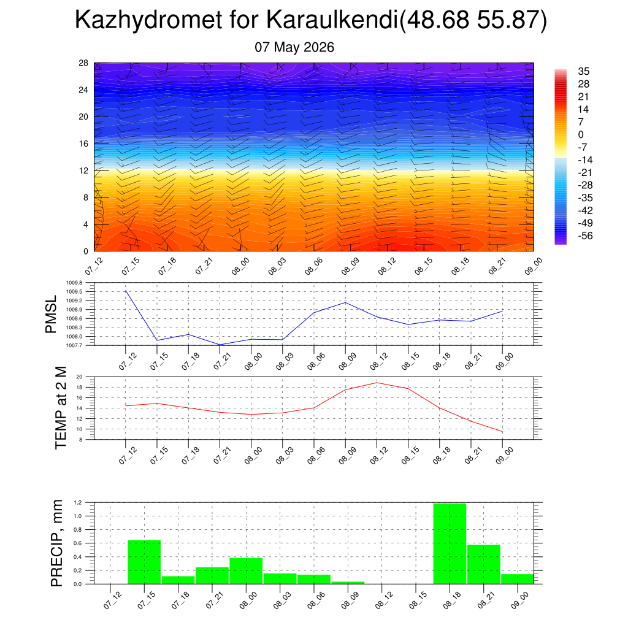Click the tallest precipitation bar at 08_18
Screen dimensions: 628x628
450,543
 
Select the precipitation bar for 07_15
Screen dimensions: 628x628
144,562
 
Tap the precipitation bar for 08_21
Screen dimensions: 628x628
484,564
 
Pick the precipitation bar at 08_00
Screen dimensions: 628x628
246,571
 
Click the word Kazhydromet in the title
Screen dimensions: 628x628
148,20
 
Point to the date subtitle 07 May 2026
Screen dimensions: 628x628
294,47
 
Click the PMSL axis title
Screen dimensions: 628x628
52,315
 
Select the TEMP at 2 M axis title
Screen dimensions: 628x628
61,408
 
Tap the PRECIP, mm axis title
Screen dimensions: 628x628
57,543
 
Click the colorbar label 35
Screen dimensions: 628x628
584,71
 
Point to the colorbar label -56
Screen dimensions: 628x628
585,235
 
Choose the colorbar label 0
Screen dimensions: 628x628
581,134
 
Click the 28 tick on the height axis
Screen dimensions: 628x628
83,63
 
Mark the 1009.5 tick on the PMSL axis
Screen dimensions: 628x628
74,291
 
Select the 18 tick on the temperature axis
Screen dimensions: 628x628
79,388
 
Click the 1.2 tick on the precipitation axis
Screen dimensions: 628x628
78,502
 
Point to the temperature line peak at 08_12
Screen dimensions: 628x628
377,383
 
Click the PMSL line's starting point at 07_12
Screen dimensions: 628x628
126,291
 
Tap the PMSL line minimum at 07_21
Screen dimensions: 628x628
220,345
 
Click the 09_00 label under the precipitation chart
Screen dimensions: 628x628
520,600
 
